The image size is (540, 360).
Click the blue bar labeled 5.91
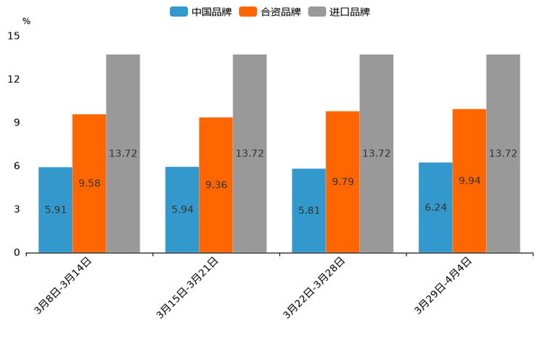(x=55, y=210)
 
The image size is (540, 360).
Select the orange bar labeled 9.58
(x=89, y=183)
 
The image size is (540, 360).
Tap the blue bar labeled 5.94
(x=182, y=210)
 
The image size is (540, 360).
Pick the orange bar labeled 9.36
(x=216, y=185)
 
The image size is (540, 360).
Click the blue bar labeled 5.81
(x=308, y=210)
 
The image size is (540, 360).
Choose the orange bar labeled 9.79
(x=343, y=181)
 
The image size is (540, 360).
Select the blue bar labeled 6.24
(x=435, y=208)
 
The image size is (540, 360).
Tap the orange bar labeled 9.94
(x=469, y=181)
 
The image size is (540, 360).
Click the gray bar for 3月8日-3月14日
(x=123, y=153)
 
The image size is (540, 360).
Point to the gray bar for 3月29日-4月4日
(x=503, y=153)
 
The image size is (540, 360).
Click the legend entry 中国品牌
(x=201, y=12)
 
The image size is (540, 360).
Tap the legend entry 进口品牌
(x=340, y=12)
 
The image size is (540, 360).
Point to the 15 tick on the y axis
(x=14, y=36)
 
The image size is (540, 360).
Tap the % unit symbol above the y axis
(x=26, y=21)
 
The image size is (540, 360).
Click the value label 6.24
(x=435, y=208)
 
